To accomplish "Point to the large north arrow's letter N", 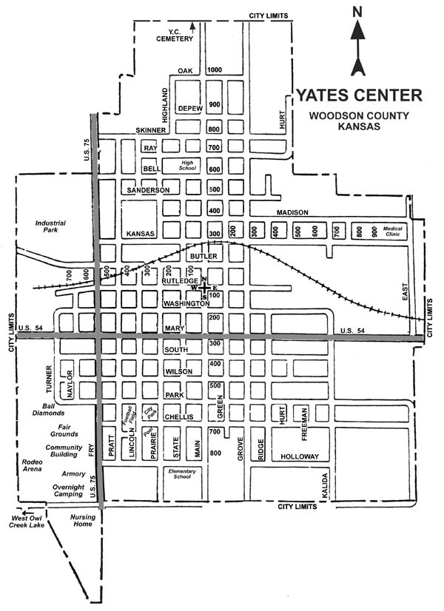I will [357, 11].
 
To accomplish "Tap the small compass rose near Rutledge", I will [205, 287].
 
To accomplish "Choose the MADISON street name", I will [292, 212].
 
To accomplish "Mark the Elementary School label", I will [181, 474].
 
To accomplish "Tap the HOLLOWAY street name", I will [299, 457].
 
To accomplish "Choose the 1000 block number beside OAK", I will [215, 70].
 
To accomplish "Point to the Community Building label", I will [64, 451].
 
